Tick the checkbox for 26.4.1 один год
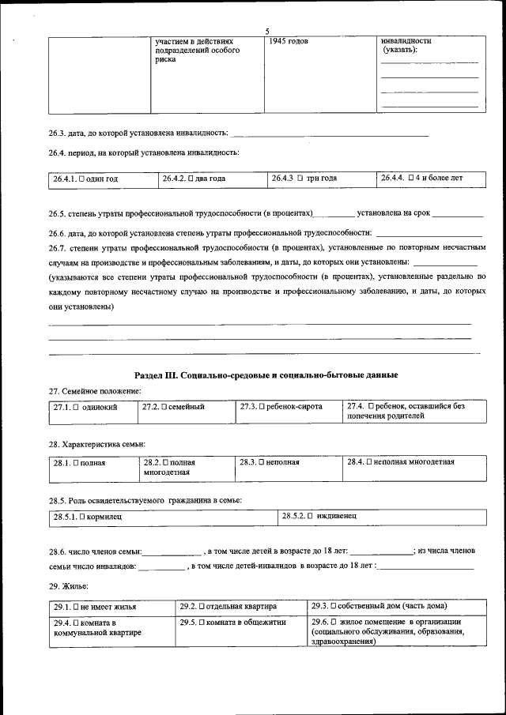(x=81, y=179)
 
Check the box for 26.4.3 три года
(x=300, y=179)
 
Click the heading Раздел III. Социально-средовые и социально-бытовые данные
(x=266, y=374)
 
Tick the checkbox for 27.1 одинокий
(x=76, y=408)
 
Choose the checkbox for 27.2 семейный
(x=164, y=408)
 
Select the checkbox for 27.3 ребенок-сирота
(x=261, y=408)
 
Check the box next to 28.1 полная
(x=76, y=463)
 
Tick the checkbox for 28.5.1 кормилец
(x=81, y=517)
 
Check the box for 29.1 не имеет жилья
(x=75, y=607)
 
